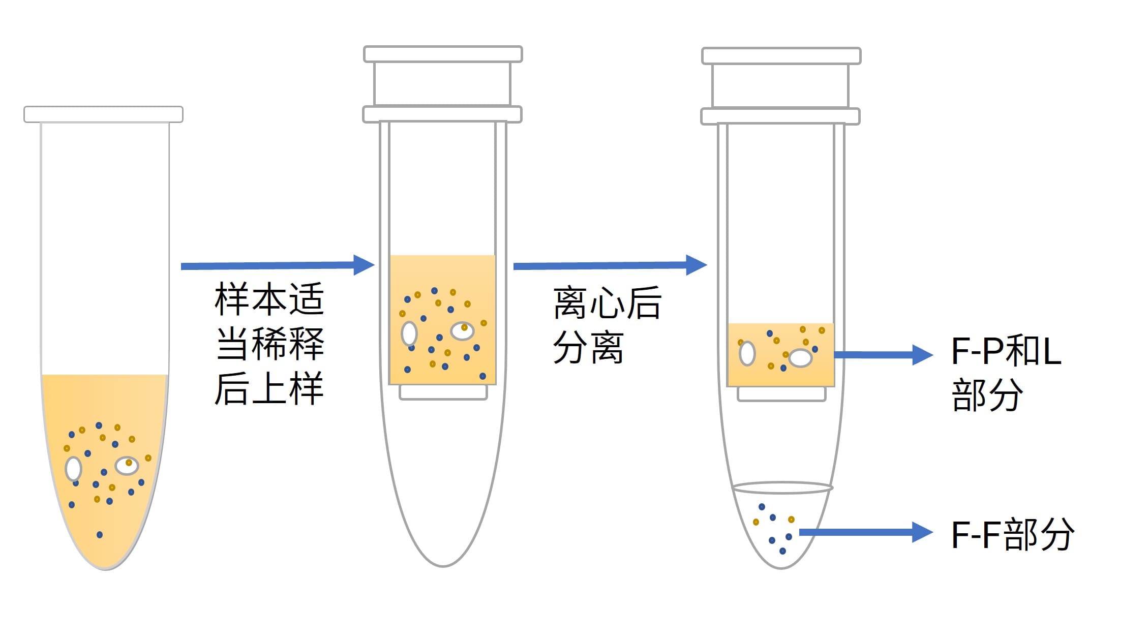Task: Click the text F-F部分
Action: pos(1012,534)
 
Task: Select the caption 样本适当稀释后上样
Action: pos(269,344)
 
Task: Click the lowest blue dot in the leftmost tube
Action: pos(100,535)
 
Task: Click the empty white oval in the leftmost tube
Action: pos(74,469)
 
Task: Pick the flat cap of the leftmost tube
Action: pos(103,114)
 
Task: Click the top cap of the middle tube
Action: pos(443,54)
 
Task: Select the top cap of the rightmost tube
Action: pos(781,56)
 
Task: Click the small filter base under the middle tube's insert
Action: pos(443,392)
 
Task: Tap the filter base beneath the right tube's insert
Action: pos(781,394)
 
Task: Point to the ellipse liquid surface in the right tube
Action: pos(781,488)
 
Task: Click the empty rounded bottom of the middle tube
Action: pos(443,508)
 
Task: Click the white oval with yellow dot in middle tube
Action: pos(462,331)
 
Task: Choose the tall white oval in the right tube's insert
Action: pos(747,353)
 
